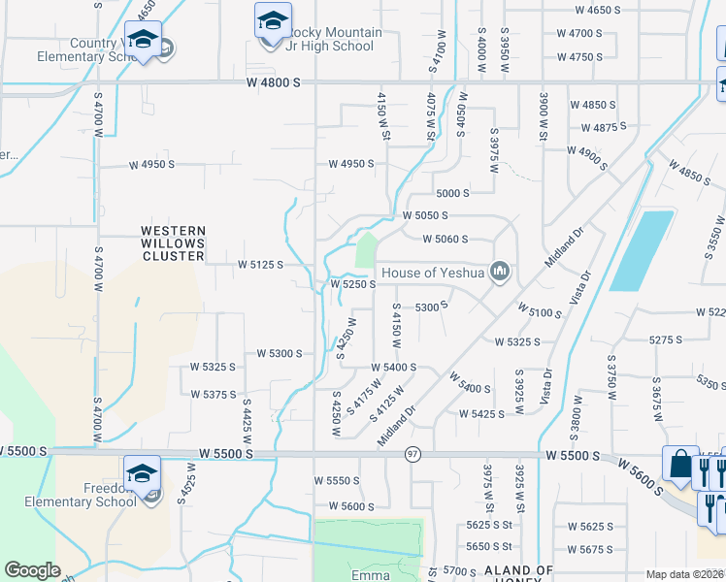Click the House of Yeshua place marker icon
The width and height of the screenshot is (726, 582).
click(501, 272)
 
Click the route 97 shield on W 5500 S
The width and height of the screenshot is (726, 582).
click(412, 454)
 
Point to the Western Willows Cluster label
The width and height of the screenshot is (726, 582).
click(173, 243)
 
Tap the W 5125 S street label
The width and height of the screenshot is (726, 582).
click(260, 264)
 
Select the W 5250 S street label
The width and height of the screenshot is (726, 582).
click(352, 285)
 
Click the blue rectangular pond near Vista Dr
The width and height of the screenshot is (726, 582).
click(642, 250)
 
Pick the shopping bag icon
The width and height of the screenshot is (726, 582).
click(680, 465)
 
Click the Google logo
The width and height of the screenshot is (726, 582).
click(32, 570)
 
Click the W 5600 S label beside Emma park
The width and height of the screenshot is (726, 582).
click(350, 506)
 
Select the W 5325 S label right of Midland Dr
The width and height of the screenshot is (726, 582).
click(516, 342)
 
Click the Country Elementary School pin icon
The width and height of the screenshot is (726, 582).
click(144, 42)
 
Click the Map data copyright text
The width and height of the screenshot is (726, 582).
click(685, 574)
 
